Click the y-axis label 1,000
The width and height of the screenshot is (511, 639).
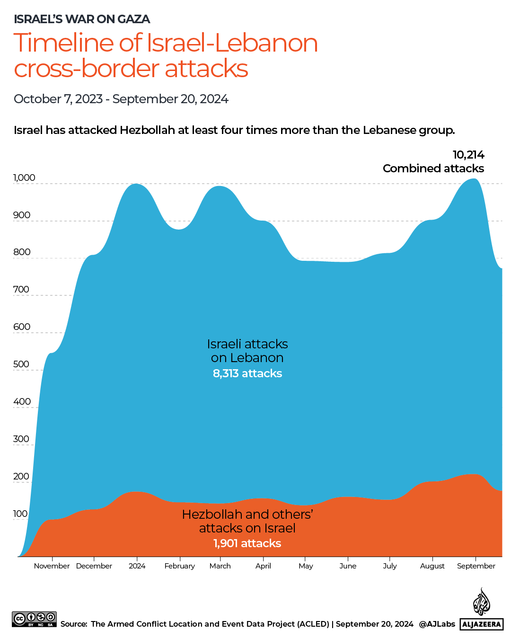[x=24, y=177]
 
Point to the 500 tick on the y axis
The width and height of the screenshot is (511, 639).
[x=21, y=364]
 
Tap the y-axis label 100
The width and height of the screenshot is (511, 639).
[x=20, y=514]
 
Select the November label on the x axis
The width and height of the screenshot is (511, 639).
[x=52, y=566]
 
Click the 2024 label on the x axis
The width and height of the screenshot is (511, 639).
[x=137, y=566]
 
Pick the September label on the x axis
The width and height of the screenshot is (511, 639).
[x=476, y=566]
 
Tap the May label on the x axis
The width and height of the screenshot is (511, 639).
[x=306, y=566]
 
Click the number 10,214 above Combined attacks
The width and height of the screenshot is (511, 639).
[x=468, y=155]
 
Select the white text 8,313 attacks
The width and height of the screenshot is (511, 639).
[x=247, y=373]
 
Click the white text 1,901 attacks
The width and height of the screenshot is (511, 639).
[x=247, y=543]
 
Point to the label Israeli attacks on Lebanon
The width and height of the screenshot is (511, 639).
[x=247, y=351]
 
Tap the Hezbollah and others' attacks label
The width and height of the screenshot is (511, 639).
[x=247, y=521]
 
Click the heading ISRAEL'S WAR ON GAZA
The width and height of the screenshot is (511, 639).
[x=82, y=19]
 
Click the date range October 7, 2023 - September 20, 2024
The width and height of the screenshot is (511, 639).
[x=121, y=99]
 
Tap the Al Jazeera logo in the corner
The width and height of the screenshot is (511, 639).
[x=481, y=610]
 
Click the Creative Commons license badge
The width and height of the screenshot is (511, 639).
[x=34, y=619]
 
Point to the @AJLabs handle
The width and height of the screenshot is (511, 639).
[x=437, y=624]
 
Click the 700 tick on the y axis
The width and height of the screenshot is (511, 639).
[x=21, y=289]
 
